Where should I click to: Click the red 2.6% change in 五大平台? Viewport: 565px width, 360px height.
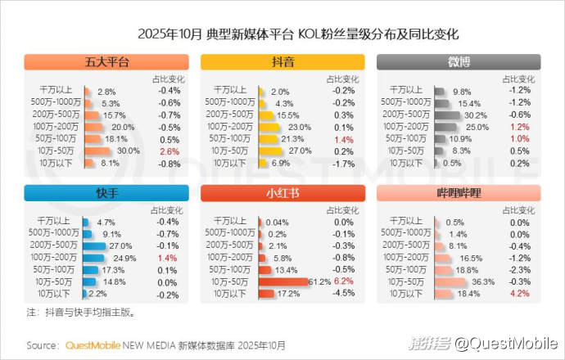pyautogui.click(x=169, y=151)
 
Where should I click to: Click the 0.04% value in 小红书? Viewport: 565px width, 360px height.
pyautogui.click(x=278, y=223)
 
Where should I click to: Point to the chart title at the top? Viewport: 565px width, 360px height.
pyautogui.click(x=282, y=35)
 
